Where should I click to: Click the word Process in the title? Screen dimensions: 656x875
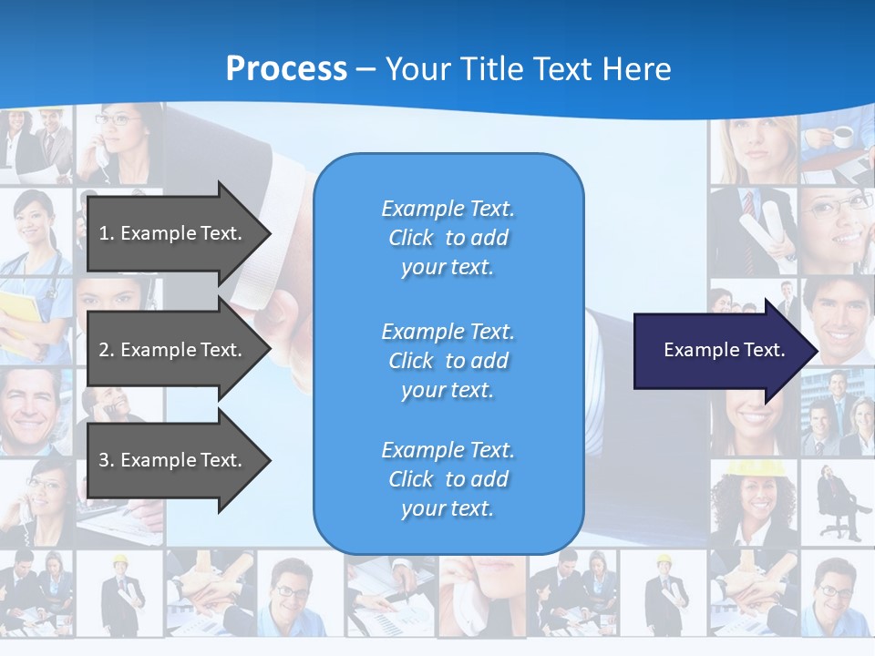(286, 69)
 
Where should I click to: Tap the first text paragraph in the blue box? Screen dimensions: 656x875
(448, 238)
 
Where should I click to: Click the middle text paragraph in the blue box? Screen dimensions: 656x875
(448, 361)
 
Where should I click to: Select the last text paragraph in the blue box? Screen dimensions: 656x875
(448, 479)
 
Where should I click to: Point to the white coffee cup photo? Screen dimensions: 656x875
(842, 137)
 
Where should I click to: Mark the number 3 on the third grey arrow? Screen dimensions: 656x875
(104, 460)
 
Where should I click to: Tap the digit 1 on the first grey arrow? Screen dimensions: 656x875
(104, 233)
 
